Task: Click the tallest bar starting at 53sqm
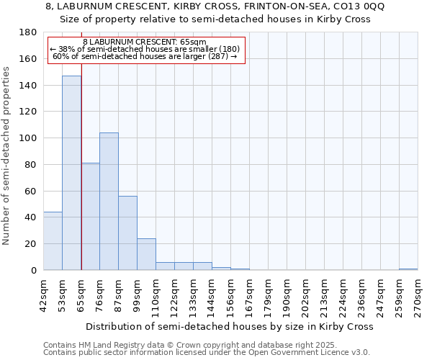(x=71, y=173)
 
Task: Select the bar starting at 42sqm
(x=53, y=241)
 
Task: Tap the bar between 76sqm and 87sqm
(x=109, y=202)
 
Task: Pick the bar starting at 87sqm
(x=127, y=233)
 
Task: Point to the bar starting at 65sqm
(x=90, y=217)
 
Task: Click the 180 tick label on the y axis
(x=29, y=32)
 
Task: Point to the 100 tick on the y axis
(x=29, y=138)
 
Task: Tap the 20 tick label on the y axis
(x=32, y=244)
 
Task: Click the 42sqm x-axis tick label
(x=43, y=295)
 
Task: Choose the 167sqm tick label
(x=249, y=295)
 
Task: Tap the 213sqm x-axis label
(x=324, y=295)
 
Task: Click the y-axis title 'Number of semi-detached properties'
(x=7, y=155)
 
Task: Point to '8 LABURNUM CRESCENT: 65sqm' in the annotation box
(x=145, y=42)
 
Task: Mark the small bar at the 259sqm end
(x=408, y=269)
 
